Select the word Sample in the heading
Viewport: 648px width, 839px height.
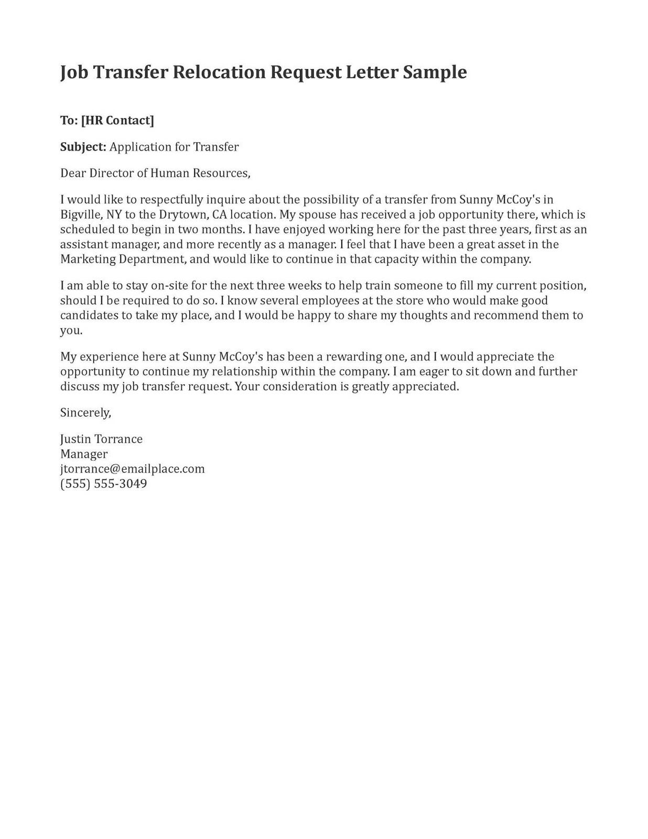pyautogui.click(x=435, y=72)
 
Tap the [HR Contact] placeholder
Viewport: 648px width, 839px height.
pyautogui.click(x=117, y=121)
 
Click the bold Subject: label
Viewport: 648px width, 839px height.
pyautogui.click(x=83, y=147)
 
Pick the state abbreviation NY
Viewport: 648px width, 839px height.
pyautogui.click(x=114, y=214)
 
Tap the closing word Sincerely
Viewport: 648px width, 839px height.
pyautogui.click(x=85, y=413)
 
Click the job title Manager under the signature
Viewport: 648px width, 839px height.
pyautogui.click(x=84, y=454)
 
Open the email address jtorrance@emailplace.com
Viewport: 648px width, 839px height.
pyautogui.click(x=132, y=469)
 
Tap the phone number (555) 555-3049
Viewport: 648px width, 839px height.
pyautogui.click(x=103, y=483)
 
